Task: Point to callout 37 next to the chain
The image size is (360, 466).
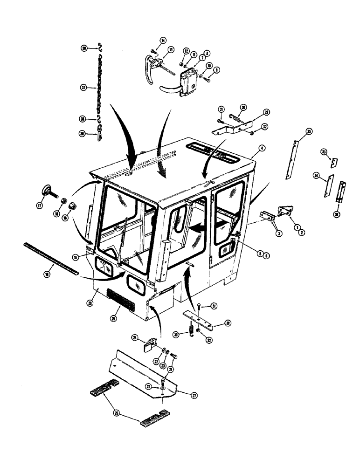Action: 84,87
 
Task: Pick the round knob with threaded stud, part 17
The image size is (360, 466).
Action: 47,190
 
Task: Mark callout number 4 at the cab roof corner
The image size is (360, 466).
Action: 262,148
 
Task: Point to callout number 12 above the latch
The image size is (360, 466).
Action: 186,51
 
